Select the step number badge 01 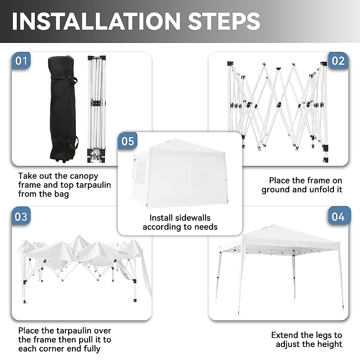click(x=21, y=61)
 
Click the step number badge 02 click(x=338, y=61)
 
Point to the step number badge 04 click(x=338, y=216)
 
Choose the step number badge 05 click(x=128, y=141)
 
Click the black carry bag click(x=62, y=108)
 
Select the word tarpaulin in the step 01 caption click(x=93, y=185)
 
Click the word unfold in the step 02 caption click(x=314, y=190)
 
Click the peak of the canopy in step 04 click(x=273, y=226)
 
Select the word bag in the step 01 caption click(x=61, y=194)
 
